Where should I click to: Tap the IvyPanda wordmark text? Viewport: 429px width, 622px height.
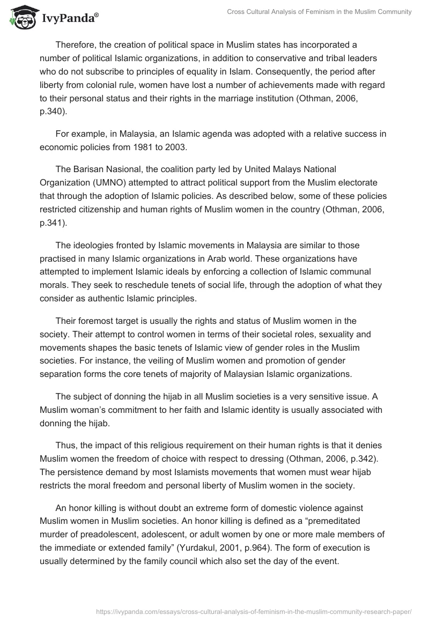pos(68,19)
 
